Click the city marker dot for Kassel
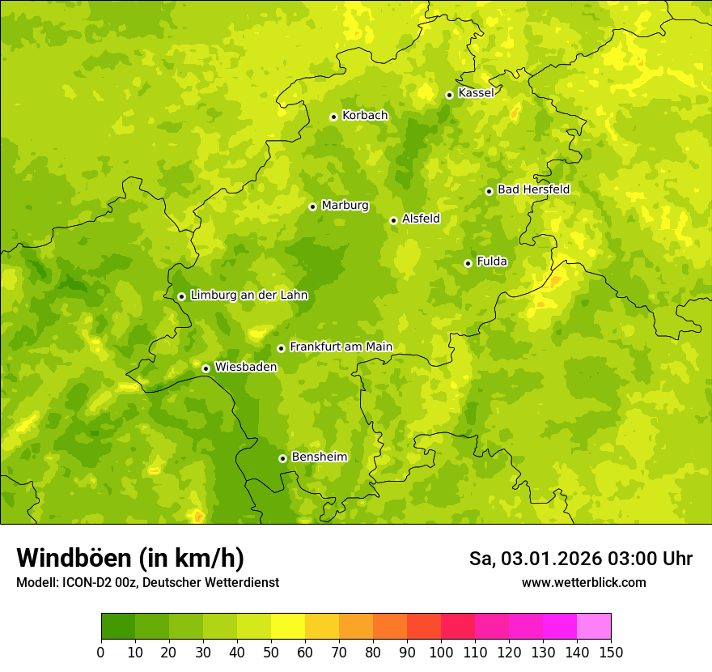(449, 95)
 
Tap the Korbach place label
(365, 116)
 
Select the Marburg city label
(345, 206)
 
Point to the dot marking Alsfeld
(393, 220)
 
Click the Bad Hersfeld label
(533, 190)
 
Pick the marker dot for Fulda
(468, 263)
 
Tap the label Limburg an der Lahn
(248, 296)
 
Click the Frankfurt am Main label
(341, 347)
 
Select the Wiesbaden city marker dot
(206, 368)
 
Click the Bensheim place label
(319, 457)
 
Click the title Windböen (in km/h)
(130, 559)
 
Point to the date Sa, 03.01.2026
(533, 559)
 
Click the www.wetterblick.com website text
(583, 583)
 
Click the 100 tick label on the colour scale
(441, 653)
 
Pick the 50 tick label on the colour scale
(271, 653)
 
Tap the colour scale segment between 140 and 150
(594, 627)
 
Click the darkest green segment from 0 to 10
(118, 627)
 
